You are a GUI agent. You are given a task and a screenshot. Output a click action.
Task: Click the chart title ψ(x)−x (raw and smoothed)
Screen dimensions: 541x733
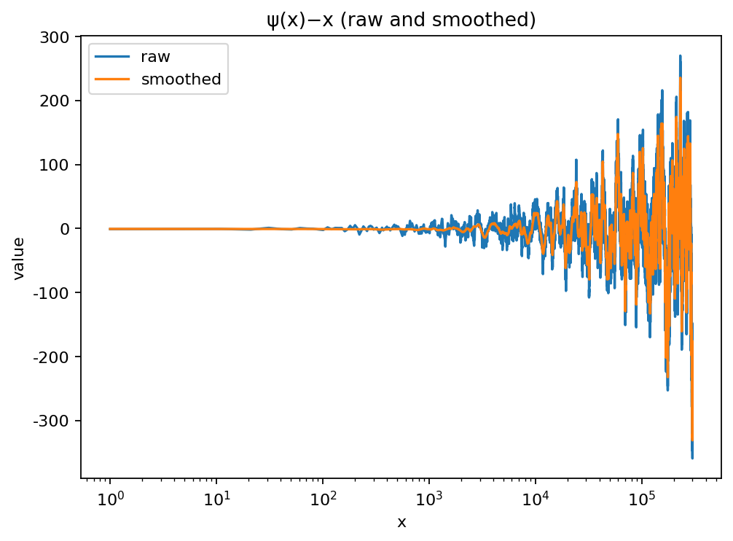[x=401, y=20]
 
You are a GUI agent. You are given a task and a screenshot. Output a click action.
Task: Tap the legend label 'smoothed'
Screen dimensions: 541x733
[x=181, y=79]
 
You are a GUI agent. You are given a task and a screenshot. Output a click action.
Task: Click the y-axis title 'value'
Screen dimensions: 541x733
[x=20, y=257]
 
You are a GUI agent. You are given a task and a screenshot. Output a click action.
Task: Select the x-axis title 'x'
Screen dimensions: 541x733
[x=401, y=522]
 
